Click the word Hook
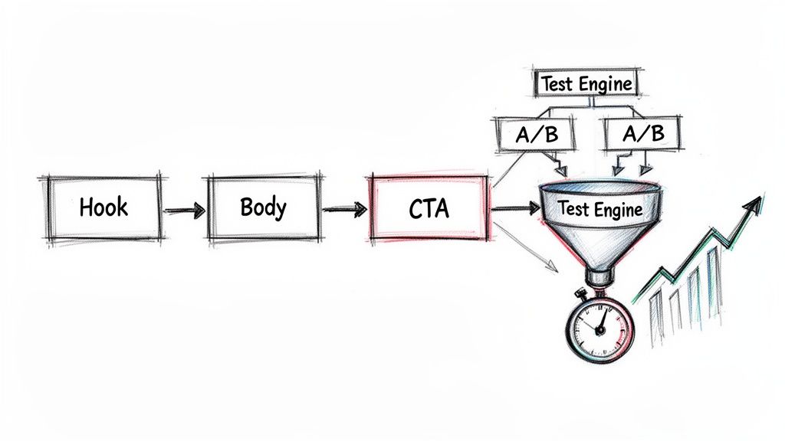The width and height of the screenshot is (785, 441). click(103, 207)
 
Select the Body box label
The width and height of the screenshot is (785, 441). click(263, 207)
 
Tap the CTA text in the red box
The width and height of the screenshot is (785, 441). click(429, 208)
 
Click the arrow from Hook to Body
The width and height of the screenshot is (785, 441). click(185, 209)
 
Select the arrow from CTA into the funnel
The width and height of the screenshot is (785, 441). click(514, 207)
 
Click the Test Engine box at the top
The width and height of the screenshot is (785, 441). click(586, 83)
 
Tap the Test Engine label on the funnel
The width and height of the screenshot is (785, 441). click(599, 208)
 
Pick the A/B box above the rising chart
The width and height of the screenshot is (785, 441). click(642, 135)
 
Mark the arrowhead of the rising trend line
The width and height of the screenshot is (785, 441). click(755, 204)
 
